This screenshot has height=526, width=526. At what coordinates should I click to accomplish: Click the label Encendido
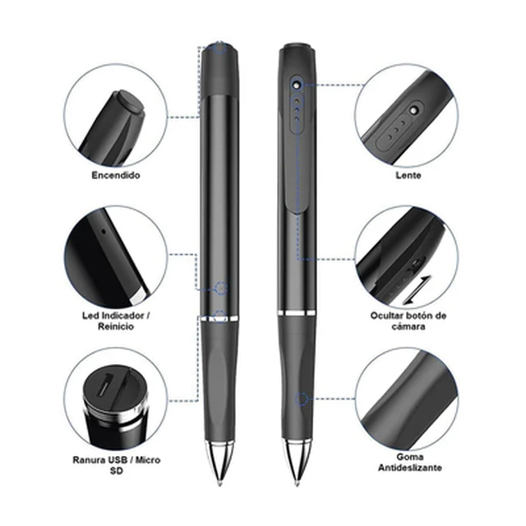(x=116, y=175)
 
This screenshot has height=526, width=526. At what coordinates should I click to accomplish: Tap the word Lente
(x=408, y=175)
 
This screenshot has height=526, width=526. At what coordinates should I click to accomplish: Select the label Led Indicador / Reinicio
(x=116, y=321)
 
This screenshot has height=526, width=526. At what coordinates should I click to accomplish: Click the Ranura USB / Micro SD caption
(x=117, y=465)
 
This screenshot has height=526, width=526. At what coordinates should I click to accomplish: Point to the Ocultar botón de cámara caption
(x=408, y=321)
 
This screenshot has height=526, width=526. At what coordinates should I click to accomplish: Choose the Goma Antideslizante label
(x=409, y=462)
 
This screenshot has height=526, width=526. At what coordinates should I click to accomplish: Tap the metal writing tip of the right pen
(x=297, y=464)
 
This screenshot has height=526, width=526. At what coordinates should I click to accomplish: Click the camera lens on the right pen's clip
(x=296, y=85)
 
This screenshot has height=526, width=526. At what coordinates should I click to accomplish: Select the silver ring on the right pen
(x=297, y=313)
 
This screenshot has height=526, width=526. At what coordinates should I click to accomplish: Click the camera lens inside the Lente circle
(x=414, y=110)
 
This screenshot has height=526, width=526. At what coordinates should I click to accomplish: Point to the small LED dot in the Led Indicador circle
(x=104, y=231)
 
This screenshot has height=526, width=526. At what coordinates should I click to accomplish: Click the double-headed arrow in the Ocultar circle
(x=417, y=290)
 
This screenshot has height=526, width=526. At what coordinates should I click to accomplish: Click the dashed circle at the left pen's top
(x=220, y=48)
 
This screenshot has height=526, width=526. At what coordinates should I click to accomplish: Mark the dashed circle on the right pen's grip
(x=302, y=399)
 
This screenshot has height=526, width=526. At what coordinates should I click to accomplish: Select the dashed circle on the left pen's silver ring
(x=219, y=316)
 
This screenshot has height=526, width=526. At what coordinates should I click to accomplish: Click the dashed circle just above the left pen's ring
(x=220, y=288)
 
